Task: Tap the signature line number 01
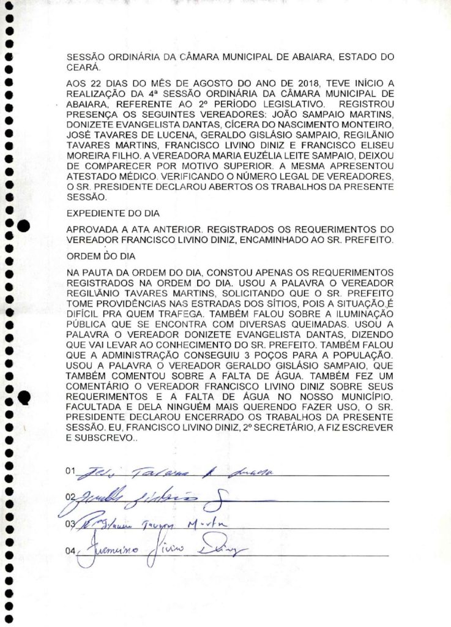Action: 70,471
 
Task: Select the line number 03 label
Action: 70,524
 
